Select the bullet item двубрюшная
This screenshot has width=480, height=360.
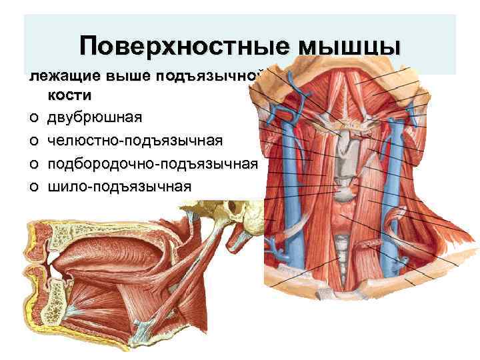coord(94,118)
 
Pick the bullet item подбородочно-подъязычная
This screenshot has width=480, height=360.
coord(153,164)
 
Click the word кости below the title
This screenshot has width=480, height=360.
coord(69,95)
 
